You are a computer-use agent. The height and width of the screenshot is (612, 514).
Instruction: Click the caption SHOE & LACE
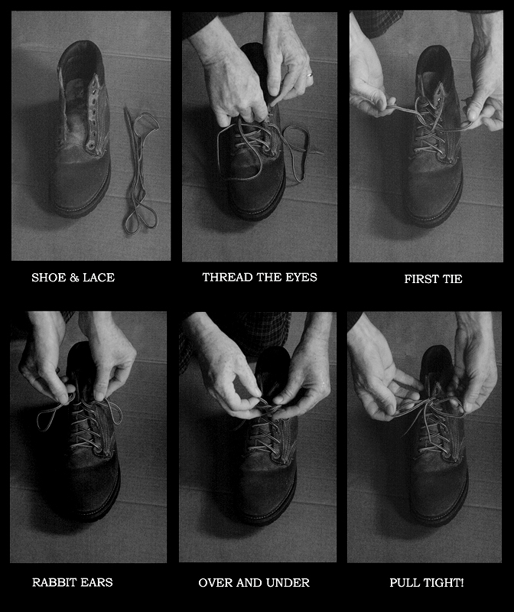73,278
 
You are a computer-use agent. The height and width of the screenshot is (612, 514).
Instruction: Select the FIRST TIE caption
433,279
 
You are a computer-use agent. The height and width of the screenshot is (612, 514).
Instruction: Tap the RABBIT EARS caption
72,582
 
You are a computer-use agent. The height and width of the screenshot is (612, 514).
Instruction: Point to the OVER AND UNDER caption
254,582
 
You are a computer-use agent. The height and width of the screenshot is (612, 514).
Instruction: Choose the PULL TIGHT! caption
426,582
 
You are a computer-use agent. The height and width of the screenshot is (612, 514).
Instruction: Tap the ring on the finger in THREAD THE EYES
309,75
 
